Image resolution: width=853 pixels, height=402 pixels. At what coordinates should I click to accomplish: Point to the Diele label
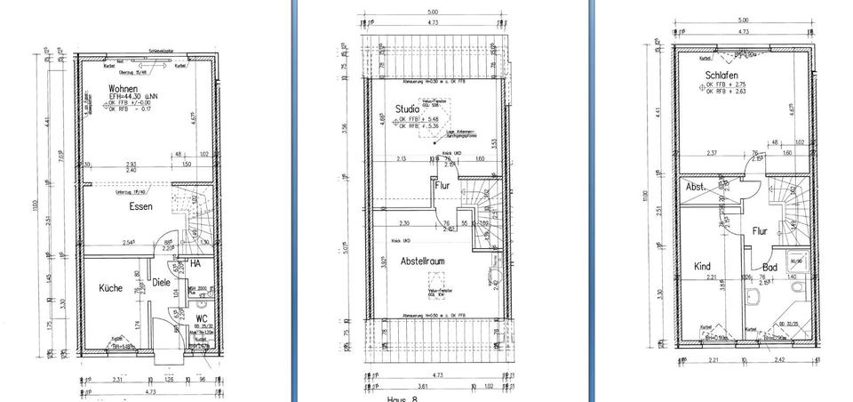(x=160, y=283)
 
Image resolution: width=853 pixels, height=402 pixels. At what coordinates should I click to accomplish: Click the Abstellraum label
(x=422, y=262)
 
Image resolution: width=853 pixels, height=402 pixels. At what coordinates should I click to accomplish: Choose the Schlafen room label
(x=721, y=76)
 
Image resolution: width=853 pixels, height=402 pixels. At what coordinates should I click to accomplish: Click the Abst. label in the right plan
(x=695, y=187)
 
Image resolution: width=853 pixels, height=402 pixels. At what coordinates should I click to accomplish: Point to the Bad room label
(x=769, y=267)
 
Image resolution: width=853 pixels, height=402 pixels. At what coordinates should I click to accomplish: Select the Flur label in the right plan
(x=760, y=230)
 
